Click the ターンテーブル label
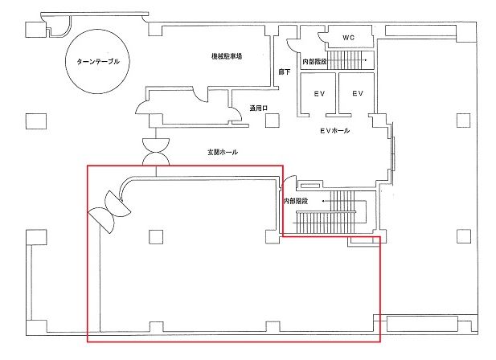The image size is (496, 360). coord(98,61)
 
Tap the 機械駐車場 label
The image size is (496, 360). coord(227,56)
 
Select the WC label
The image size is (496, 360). coord(348,38)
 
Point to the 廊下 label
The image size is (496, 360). coord(284,72)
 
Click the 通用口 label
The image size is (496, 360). coord(258,108)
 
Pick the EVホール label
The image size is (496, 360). coord(334,130)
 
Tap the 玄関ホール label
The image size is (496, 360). coord(223,152)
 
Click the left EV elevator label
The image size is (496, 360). coord(319,93)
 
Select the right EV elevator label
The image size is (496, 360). coord(358,93)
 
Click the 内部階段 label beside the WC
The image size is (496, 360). coord(314,62)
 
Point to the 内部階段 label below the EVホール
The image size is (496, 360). coord(296,201)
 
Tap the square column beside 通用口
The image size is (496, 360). coord(272,121)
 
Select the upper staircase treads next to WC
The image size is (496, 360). coord(344,60)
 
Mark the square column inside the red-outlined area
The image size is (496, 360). coord(156,237)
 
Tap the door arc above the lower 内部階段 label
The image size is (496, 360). coord(287,181)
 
